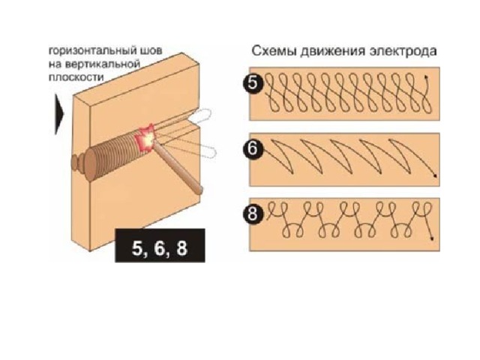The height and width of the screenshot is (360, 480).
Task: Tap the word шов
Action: point(151,51)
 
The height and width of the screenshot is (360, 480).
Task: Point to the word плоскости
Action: point(76,77)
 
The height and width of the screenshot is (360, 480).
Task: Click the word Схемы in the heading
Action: point(274,51)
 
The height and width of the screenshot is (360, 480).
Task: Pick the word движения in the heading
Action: point(333,52)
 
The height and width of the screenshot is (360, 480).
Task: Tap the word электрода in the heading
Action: point(403,52)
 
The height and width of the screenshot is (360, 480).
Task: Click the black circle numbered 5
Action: point(253,83)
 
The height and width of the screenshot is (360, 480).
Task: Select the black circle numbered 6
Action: point(253,149)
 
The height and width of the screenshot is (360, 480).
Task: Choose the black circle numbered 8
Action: point(253,214)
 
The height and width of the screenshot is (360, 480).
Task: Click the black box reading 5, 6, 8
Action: point(160,245)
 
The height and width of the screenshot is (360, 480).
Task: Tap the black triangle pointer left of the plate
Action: point(58,114)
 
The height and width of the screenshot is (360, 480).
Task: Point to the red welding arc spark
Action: point(147,138)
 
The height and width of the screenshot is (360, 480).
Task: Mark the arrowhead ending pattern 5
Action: point(425,76)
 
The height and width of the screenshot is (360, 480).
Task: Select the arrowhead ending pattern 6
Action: point(435,175)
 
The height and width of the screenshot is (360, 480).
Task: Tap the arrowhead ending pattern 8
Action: point(432,238)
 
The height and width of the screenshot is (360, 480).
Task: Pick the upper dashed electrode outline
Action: point(199,115)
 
